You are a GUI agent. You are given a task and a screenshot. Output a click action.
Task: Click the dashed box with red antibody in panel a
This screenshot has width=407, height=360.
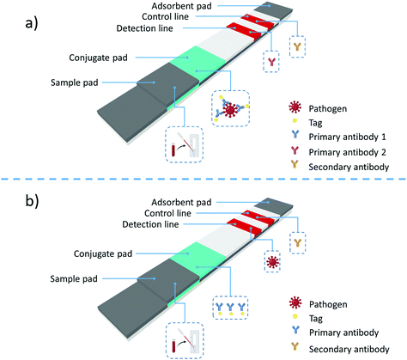[271, 61]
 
